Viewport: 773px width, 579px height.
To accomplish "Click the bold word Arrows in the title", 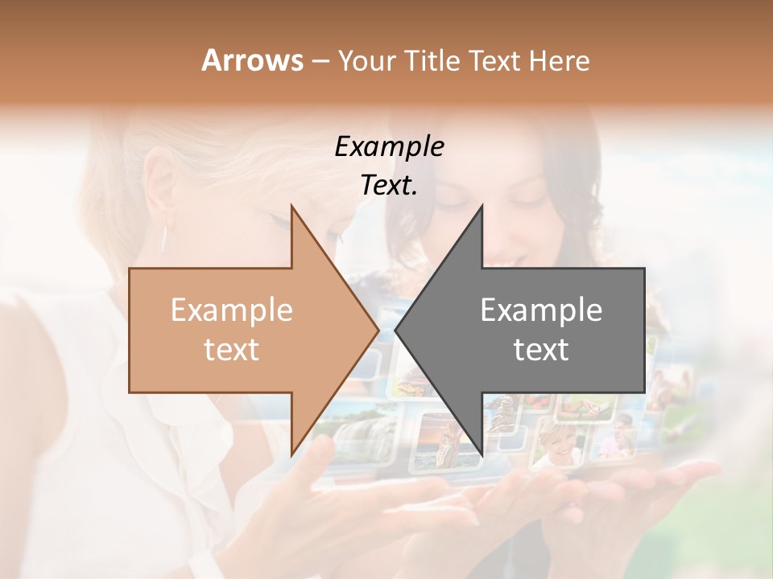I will [253, 60].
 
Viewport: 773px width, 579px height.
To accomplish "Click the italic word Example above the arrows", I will [389, 146].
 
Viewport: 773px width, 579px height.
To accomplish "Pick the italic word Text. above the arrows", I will [389, 185].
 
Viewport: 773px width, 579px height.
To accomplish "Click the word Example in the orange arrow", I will [232, 310].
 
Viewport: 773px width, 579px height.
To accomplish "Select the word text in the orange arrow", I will [232, 350].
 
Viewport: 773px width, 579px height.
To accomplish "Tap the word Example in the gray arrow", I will [541, 310].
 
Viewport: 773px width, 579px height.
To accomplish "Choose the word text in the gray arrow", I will [541, 350].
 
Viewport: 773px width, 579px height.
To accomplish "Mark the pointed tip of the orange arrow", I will [378, 330].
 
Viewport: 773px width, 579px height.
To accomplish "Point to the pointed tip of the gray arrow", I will [395, 330].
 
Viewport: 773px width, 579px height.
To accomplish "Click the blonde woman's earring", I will [165, 238].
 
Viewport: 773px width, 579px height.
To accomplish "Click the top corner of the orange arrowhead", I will [291, 206].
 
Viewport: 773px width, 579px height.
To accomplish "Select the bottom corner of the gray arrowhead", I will [482, 455].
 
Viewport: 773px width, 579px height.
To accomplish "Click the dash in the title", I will [320, 61].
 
